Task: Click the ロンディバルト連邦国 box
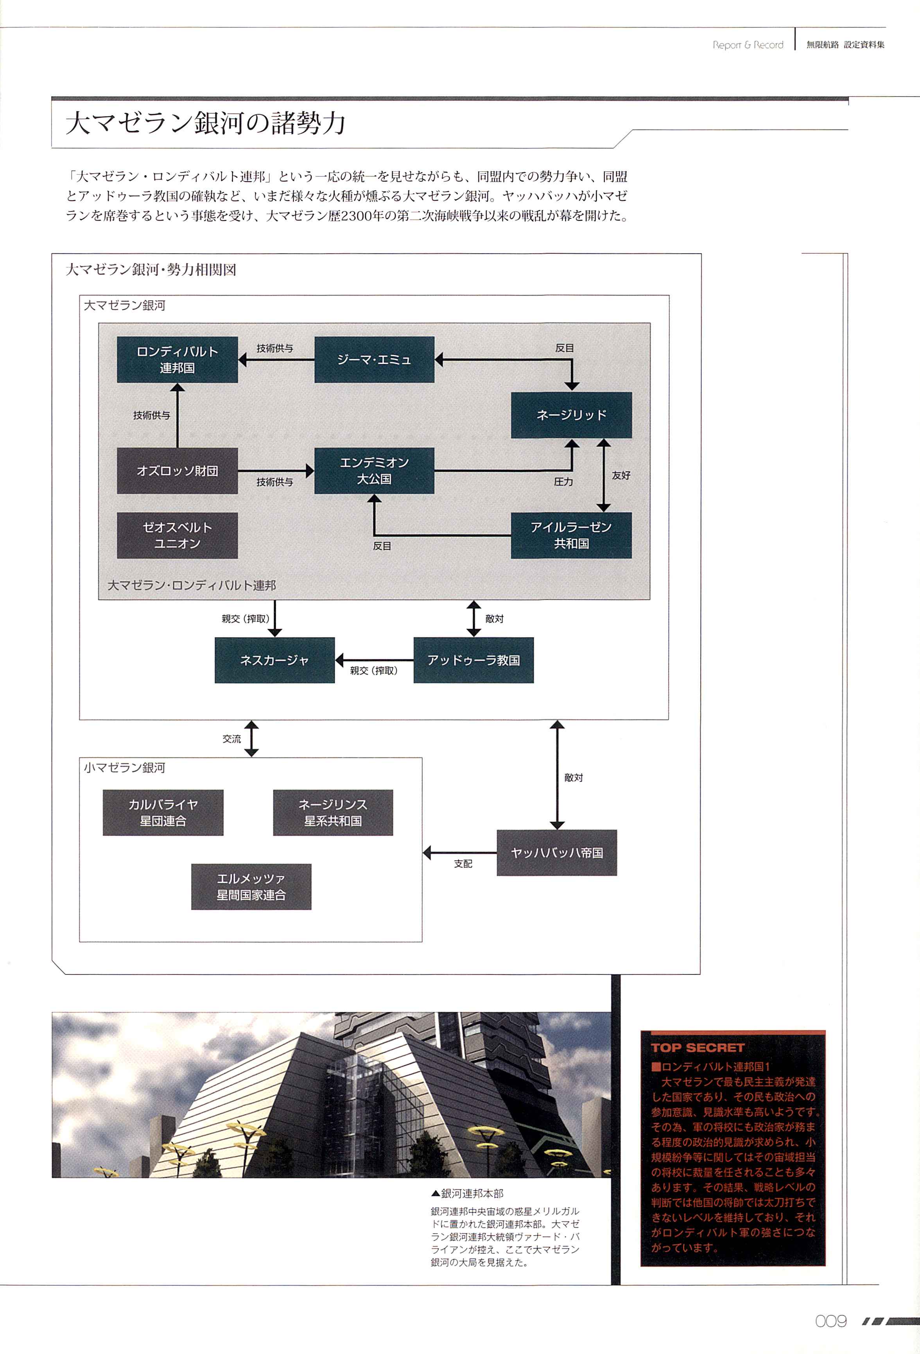[177, 360]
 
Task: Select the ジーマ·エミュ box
[374, 360]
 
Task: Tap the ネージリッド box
[571, 415]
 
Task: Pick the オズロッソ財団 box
[177, 471]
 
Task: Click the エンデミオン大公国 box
[374, 471]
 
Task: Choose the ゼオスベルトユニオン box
[177, 536]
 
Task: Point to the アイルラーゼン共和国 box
[571, 536]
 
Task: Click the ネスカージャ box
[274, 660]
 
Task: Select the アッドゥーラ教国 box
[473, 660]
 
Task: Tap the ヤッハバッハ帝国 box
[556, 853]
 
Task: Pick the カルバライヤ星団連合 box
[163, 813]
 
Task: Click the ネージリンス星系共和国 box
[333, 813]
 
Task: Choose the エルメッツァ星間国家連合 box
[251, 887]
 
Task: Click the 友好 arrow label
[621, 475]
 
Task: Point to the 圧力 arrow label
[563, 482]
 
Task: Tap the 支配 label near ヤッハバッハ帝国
[463, 863]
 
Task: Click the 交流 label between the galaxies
[231, 739]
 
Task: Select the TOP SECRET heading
[698, 1048]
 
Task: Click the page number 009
[830, 1321]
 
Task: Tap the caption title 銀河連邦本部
[472, 1194]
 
